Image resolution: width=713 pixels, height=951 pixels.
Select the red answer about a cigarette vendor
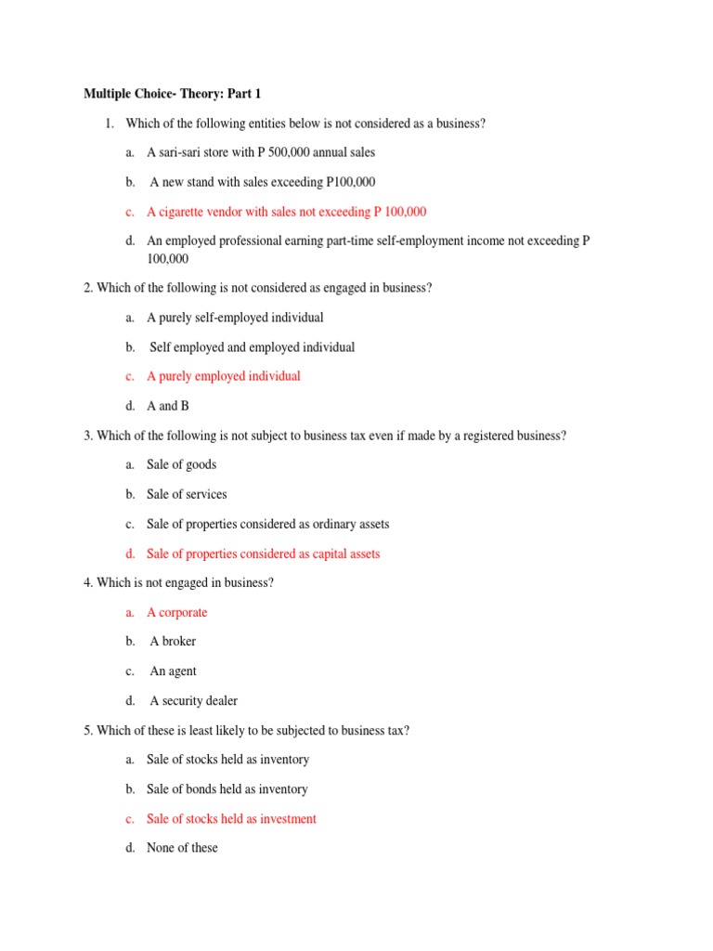[286, 212]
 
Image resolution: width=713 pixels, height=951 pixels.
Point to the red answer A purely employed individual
[223, 376]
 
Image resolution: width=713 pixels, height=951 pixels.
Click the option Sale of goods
[181, 464]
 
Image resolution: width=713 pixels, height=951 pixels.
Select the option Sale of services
[187, 494]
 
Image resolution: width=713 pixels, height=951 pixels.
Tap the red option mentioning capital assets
[263, 554]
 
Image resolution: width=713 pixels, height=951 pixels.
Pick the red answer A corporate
[176, 612]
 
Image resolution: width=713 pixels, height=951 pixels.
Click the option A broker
[173, 641]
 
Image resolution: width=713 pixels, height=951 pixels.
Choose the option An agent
[173, 671]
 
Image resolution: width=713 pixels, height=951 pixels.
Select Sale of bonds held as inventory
[227, 788]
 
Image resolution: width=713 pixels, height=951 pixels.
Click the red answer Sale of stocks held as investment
[231, 818]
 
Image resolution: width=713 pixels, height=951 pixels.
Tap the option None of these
[182, 848]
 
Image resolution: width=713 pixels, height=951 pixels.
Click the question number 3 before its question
[87, 436]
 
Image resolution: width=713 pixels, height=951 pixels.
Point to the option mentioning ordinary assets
[267, 524]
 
